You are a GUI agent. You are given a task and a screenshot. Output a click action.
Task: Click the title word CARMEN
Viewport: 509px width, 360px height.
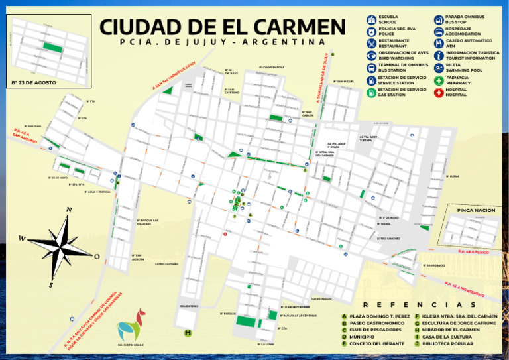[x=300, y=27]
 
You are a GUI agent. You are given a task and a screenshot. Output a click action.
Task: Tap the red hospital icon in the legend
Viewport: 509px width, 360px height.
[x=438, y=92]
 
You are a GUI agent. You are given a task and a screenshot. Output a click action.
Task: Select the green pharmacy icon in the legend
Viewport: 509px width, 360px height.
[x=438, y=80]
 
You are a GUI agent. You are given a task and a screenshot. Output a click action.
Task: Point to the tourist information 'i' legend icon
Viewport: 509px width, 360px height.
[x=438, y=56]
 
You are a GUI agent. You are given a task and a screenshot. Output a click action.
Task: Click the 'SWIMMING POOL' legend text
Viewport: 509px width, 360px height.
[x=464, y=70]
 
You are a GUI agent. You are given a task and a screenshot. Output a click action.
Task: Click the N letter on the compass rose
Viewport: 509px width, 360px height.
[x=69, y=210]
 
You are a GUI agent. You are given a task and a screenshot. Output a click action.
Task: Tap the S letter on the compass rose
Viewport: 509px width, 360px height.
[x=50, y=285]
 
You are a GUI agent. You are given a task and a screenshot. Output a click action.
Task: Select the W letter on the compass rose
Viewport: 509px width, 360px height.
[x=22, y=239]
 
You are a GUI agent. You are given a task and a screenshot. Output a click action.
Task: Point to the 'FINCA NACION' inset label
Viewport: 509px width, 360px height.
[x=476, y=210]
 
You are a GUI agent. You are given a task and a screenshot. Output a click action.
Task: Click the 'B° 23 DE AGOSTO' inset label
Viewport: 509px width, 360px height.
[x=34, y=83]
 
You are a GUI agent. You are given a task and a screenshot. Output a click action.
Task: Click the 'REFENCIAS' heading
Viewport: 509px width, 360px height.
[x=419, y=305]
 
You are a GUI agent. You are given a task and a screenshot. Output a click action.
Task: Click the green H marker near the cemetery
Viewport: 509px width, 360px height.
[x=188, y=333]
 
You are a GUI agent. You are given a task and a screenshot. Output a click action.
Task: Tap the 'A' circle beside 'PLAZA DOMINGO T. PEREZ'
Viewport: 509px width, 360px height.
[x=344, y=316]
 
